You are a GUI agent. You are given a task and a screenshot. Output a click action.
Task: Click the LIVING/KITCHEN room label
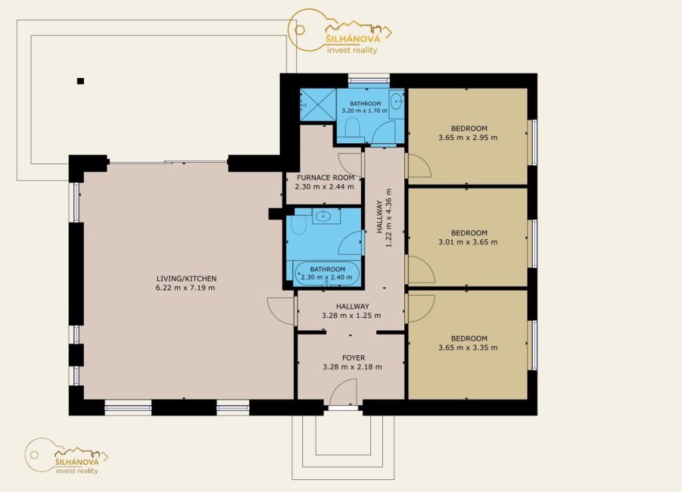[186, 279]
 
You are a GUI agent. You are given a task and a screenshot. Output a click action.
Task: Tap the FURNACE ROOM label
[325, 177]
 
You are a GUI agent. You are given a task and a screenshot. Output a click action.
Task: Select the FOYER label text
[354, 358]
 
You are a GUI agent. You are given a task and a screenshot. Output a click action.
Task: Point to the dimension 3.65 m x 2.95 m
[468, 137]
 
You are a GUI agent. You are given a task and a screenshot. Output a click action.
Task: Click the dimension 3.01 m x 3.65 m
[468, 242]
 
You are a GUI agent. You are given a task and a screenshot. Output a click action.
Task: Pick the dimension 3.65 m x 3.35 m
[468, 347]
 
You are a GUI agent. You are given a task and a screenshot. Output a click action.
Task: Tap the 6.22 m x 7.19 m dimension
[185, 288]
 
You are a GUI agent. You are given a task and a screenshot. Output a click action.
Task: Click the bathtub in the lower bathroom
[327, 273]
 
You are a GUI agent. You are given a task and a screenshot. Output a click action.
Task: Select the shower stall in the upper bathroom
[318, 105]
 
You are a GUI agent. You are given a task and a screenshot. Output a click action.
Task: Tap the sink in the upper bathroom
[397, 103]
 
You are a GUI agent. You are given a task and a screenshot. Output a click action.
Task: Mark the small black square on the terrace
[81, 81]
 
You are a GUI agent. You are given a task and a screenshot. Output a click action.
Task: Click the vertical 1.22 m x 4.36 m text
[384, 218]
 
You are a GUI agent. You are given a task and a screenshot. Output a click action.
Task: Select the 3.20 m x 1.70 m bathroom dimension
[364, 111]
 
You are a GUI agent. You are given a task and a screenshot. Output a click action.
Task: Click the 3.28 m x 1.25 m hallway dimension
[352, 315]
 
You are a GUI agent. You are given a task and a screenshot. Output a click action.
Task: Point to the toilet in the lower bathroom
[299, 225]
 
